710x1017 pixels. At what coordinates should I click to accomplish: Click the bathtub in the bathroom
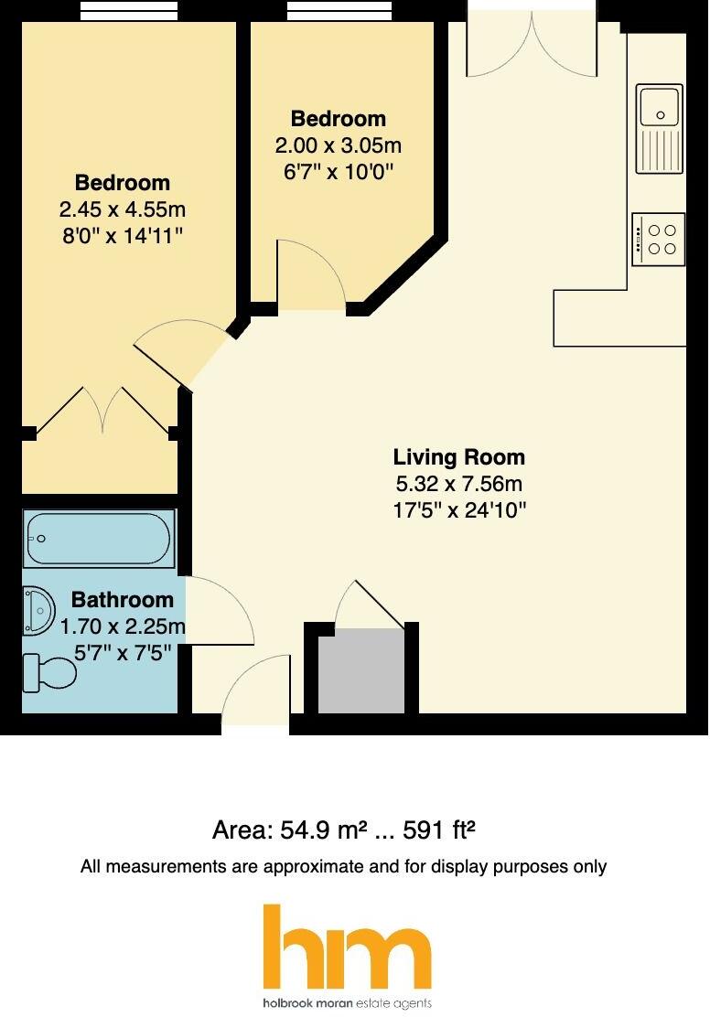pyautogui.click(x=99, y=539)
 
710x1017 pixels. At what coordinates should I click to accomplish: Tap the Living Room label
pyautogui.click(x=458, y=457)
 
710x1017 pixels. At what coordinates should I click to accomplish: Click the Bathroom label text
pyautogui.click(x=122, y=600)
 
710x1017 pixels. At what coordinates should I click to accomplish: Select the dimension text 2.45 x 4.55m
pyautogui.click(x=122, y=209)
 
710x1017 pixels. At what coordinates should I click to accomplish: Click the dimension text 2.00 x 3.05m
pyautogui.click(x=338, y=145)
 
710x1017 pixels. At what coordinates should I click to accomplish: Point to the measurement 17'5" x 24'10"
pyautogui.click(x=458, y=509)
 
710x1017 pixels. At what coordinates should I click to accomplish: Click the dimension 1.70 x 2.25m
pyautogui.click(x=122, y=627)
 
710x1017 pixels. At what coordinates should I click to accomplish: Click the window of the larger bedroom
pyautogui.click(x=127, y=11)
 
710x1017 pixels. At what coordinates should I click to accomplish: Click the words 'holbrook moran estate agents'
pyautogui.click(x=347, y=1003)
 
